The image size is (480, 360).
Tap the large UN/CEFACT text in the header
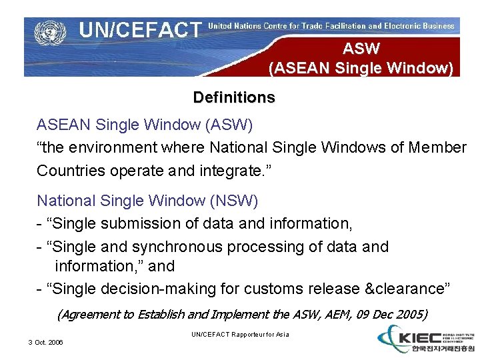(140, 30)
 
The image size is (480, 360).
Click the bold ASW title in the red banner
(361, 49)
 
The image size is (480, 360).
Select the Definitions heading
(233, 97)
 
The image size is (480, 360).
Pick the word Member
(435, 147)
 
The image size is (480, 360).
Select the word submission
(136, 223)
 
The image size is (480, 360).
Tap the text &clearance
(407, 289)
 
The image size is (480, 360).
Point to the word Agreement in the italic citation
(88, 314)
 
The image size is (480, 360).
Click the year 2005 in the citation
(408, 314)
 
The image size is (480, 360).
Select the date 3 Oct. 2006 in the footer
(46, 342)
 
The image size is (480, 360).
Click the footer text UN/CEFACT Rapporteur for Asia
(240, 334)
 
